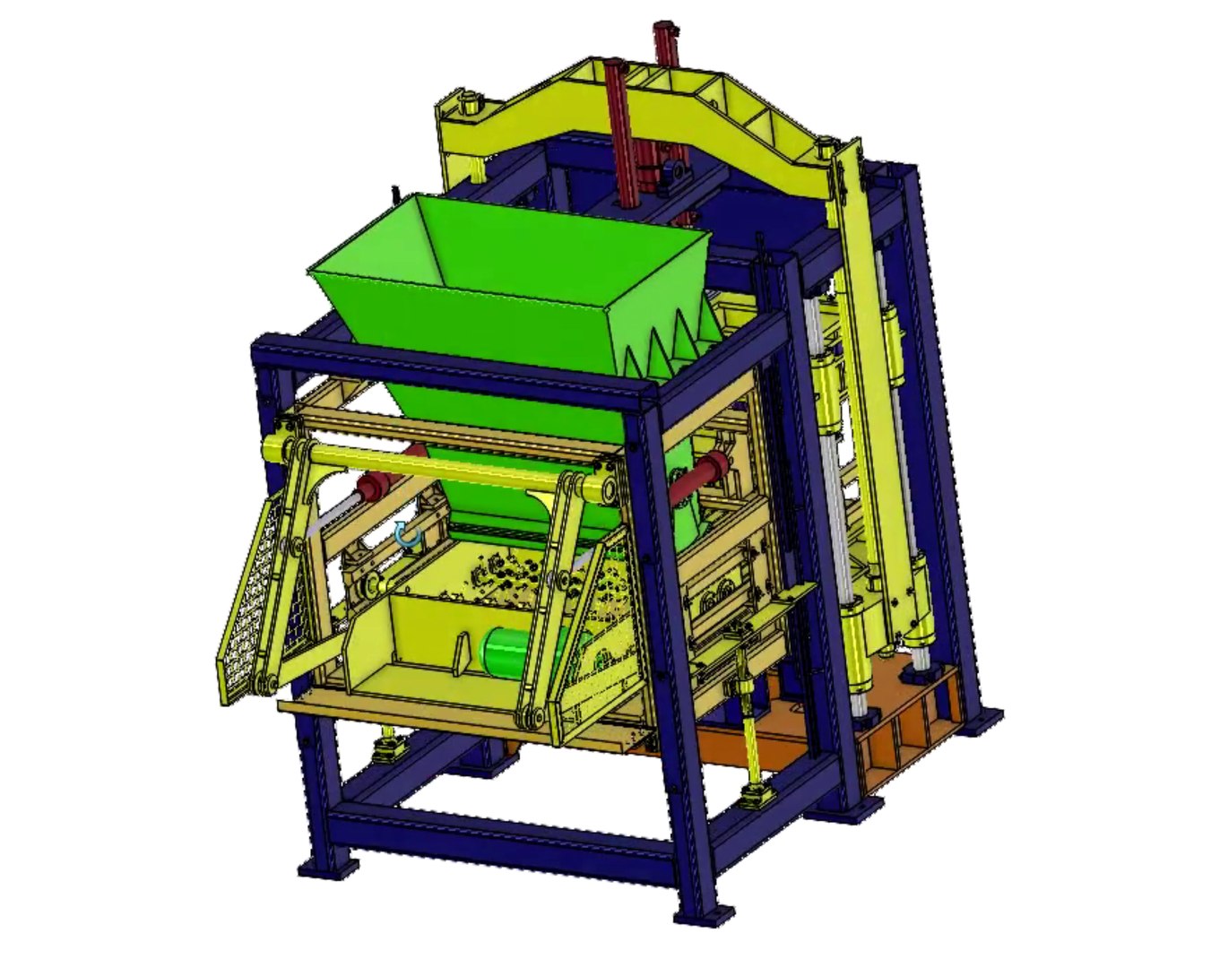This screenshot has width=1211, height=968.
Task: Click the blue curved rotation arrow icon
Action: tap(409, 535)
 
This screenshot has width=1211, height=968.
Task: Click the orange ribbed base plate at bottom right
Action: tap(905, 717)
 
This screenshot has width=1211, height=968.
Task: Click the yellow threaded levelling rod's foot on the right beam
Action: tap(758, 792)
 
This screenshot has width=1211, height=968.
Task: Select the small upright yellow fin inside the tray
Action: tap(461, 657)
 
